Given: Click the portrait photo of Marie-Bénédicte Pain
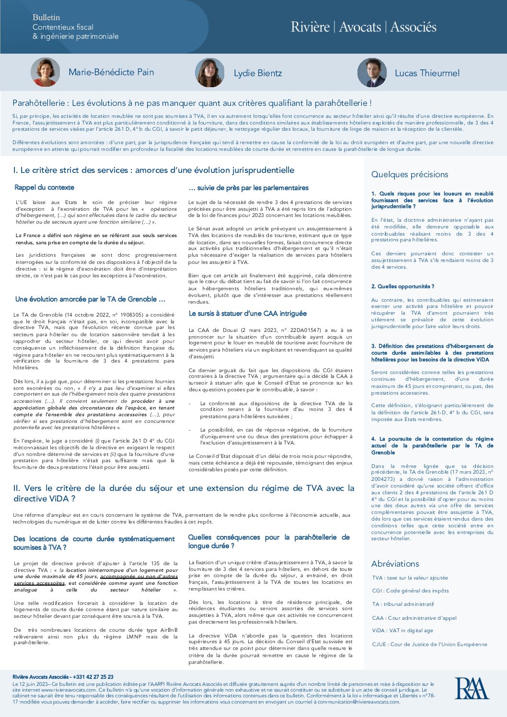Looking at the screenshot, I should coord(46,72).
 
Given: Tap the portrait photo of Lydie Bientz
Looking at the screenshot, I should coord(210,73).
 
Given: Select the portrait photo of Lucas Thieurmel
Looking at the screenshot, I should coord(372,73).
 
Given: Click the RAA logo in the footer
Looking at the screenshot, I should coord(472,688).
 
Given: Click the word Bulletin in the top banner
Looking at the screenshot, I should coord(46,17).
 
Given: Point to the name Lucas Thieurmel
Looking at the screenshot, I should coord(427,73).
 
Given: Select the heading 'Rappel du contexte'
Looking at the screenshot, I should coord(44,187).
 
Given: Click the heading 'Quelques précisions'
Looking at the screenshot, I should coord(410,174).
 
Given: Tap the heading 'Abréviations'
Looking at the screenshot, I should coord(395,564).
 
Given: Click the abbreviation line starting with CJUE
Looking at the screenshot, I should coord(429,644).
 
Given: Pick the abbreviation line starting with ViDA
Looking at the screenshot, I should coord(403,630).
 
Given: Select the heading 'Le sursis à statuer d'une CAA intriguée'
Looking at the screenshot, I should coord(247,313).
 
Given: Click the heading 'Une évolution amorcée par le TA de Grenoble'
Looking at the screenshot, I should coord(90,299).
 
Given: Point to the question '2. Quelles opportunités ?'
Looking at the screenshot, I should coord(403,286).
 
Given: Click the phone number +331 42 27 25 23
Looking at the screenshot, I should coord(93,677).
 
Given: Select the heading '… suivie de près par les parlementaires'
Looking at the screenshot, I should coord(248,188).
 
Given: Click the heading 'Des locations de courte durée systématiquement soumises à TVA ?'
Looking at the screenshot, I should coord(94,543).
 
